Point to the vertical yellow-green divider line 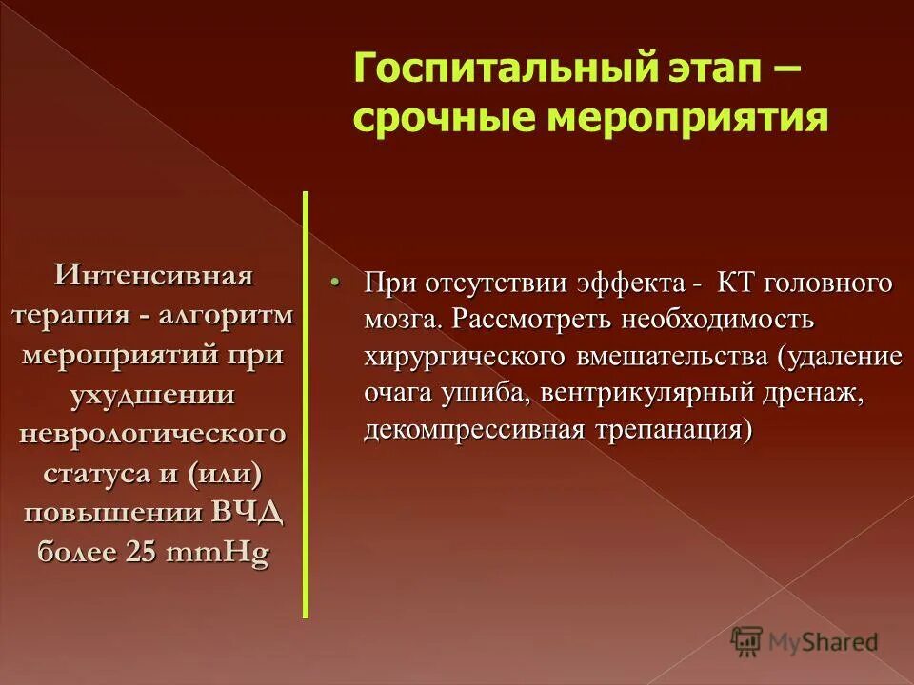point(306,404)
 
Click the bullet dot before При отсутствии point(334,284)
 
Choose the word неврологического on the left point(152,433)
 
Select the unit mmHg point(217,553)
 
